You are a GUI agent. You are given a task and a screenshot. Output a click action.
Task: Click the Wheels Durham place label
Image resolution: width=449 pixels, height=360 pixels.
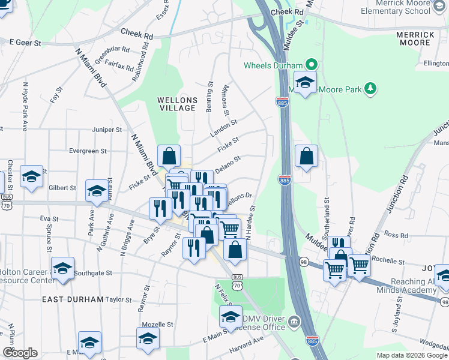(x=273, y=65)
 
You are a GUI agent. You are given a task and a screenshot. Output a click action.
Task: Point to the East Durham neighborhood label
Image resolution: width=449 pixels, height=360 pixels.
(x=73, y=298)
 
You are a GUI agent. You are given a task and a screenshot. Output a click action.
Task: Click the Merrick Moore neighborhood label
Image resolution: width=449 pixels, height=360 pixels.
(x=415, y=38)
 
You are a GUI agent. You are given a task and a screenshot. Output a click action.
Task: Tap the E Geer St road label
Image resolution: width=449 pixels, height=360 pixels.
(x=25, y=43)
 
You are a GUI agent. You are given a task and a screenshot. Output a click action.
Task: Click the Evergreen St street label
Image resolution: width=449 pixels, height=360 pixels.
(x=88, y=152)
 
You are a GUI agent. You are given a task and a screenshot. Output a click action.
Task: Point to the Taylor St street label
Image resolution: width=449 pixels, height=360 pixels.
(x=118, y=298)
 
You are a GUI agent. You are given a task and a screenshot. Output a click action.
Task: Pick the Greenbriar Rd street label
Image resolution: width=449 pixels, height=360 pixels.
(x=108, y=49)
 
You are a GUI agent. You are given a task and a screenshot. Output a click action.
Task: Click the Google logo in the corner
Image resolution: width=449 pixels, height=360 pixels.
(x=19, y=353)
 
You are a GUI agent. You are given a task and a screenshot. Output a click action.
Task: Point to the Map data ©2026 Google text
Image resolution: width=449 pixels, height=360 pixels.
(x=411, y=355)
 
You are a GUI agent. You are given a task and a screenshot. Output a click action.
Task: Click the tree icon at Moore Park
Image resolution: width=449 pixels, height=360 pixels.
(x=371, y=89)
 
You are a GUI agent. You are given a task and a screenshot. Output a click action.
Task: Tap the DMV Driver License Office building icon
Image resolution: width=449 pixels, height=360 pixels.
(x=294, y=323)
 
